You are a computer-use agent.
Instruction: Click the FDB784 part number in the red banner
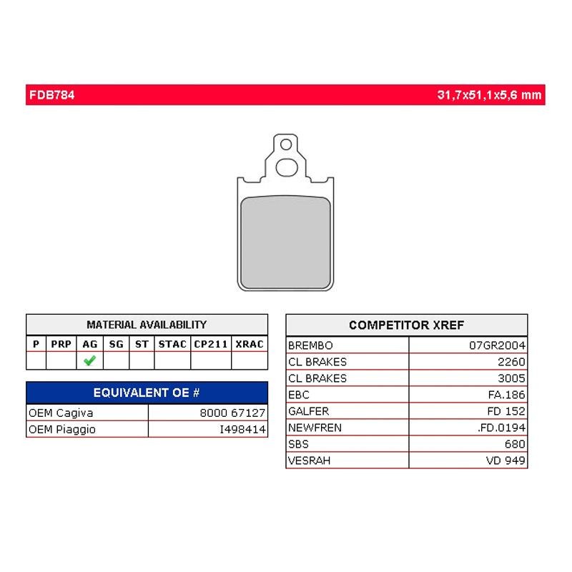pyautogui.click(x=51, y=95)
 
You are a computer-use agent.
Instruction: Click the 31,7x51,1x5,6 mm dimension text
pyautogui.click(x=489, y=95)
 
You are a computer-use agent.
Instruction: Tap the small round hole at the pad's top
pyautogui.click(x=286, y=144)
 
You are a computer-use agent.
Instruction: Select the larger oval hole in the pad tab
pyautogui.click(x=287, y=167)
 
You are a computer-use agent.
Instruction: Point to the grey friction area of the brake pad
pyautogui.click(x=285, y=242)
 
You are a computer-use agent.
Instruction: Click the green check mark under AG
pyautogui.click(x=90, y=360)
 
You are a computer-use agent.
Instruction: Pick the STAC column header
pyautogui.click(x=172, y=344)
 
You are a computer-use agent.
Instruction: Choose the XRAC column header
pyautogui.click(x=250, y=344)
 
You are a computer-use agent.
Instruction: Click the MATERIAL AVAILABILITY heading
pyautogui.click(x=147, y=325)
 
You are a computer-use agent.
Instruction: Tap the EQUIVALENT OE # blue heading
pyautogui.click(x=147, y=393)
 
